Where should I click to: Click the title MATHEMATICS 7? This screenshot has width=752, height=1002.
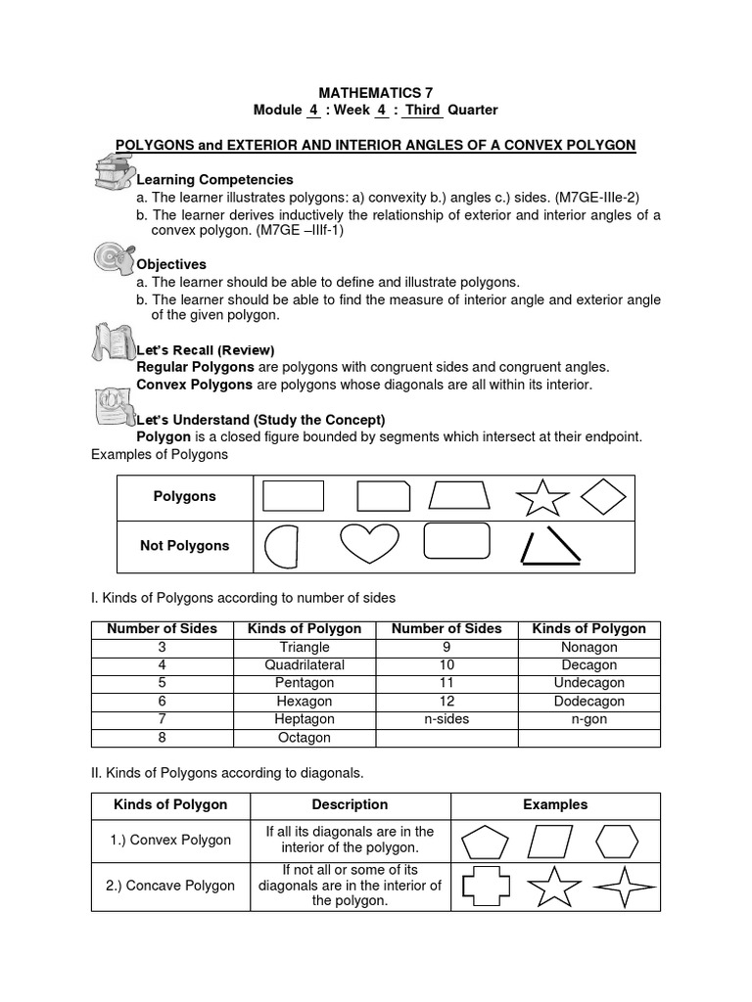(376, 91)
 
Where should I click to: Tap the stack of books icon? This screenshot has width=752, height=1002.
(114, 173)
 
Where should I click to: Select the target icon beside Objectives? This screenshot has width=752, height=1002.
(112, 258)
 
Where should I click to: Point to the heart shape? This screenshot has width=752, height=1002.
(368, 544)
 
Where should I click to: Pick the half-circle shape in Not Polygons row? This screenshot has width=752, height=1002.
(280, 546)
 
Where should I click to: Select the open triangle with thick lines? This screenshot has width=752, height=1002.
(549, 546)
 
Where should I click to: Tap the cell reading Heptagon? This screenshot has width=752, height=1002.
(305, 719)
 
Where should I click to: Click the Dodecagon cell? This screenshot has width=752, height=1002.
(588, 702)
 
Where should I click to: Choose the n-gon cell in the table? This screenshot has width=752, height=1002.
(588, 719)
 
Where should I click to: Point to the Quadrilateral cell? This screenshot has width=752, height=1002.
(305, 665)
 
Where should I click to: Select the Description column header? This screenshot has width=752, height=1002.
(350, 805)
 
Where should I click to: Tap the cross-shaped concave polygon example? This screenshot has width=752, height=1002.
(481, 887)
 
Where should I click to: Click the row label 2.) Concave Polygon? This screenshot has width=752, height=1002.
(170, 886)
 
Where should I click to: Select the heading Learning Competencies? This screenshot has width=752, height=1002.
(214, 180)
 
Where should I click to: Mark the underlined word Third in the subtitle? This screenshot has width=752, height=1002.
(423, 111)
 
